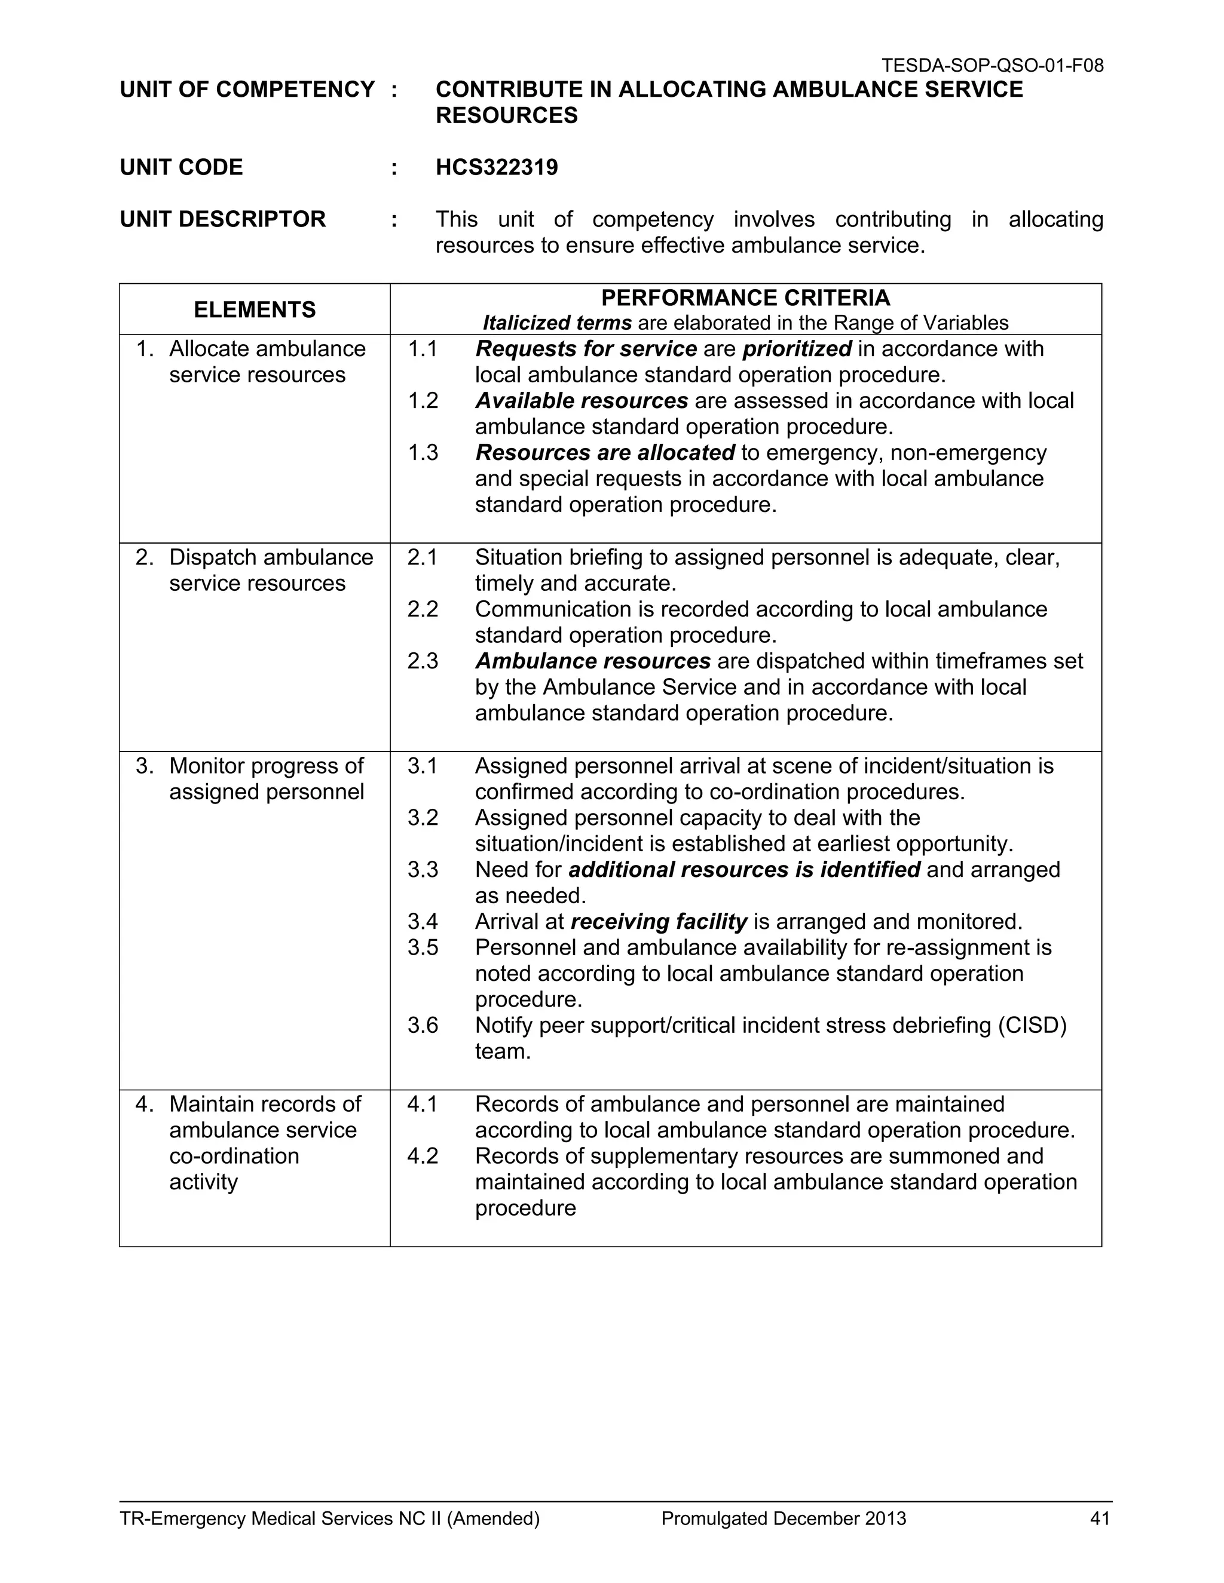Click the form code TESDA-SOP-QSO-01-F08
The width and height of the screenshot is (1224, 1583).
point(992,66)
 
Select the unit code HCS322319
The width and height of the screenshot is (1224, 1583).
point(497,167)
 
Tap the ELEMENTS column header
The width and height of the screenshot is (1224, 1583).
point(255,310)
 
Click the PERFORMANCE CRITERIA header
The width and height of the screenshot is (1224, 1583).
point(745,298)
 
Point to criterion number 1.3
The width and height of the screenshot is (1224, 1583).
point(423,453)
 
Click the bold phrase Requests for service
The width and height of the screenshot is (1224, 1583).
point(586,349)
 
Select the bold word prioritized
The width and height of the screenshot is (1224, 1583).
point(797,349)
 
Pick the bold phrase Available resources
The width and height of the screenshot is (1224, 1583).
point(582,401)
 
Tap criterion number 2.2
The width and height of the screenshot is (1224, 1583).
point(423,609)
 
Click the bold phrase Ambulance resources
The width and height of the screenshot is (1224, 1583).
point(592,662)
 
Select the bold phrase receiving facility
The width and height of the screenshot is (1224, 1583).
point(659,922)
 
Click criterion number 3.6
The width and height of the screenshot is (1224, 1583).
point(423,1026)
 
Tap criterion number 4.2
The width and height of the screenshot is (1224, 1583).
point(423,1156)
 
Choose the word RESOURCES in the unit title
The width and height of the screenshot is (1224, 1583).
point(506,115)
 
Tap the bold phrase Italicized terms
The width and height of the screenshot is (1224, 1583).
point(557,323)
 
